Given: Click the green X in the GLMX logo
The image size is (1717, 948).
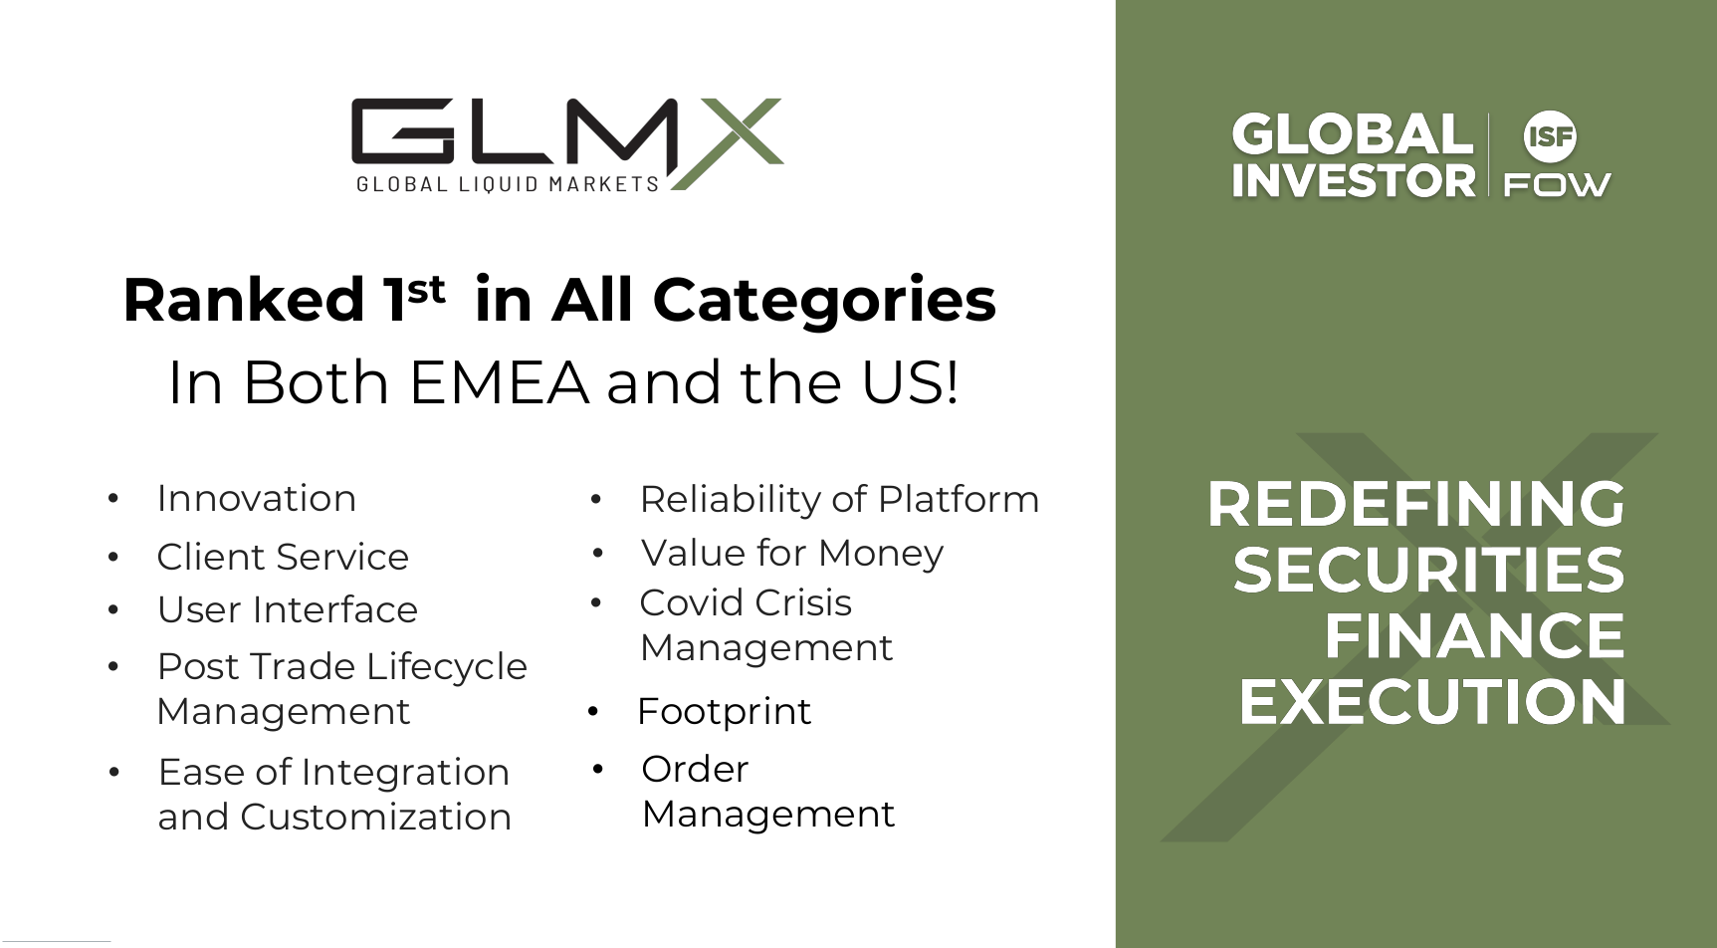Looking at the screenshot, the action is (727, 143).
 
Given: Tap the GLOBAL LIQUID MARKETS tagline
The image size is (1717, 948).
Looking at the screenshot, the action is (508, 184).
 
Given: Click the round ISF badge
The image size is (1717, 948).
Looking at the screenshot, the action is (1550, 136).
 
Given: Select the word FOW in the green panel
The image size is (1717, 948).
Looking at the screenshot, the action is (1557, 184).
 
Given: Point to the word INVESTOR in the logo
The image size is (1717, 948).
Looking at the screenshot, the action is (1354, 180).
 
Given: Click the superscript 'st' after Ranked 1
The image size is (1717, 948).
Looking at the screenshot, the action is (426, 289).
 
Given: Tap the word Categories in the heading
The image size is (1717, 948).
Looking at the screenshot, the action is (824, 300).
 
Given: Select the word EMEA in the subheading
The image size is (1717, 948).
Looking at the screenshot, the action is (499, 382).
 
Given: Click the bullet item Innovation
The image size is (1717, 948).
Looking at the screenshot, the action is (257, 498).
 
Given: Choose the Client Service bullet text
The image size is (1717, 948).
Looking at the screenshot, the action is (283, 557).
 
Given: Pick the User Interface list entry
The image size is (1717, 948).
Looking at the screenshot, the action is (288, 609).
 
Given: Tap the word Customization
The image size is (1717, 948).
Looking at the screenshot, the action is (375, 817).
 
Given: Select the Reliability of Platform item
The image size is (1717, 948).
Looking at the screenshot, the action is (839, 499).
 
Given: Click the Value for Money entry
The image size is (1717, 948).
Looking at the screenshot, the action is (792, 553).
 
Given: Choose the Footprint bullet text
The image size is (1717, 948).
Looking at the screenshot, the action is (724, 711).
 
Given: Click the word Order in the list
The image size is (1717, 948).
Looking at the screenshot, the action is (695, 769).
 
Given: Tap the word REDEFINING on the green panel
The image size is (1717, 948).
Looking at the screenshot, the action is (1416, 504).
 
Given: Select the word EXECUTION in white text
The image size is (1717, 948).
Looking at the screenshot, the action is (1432, 702).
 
